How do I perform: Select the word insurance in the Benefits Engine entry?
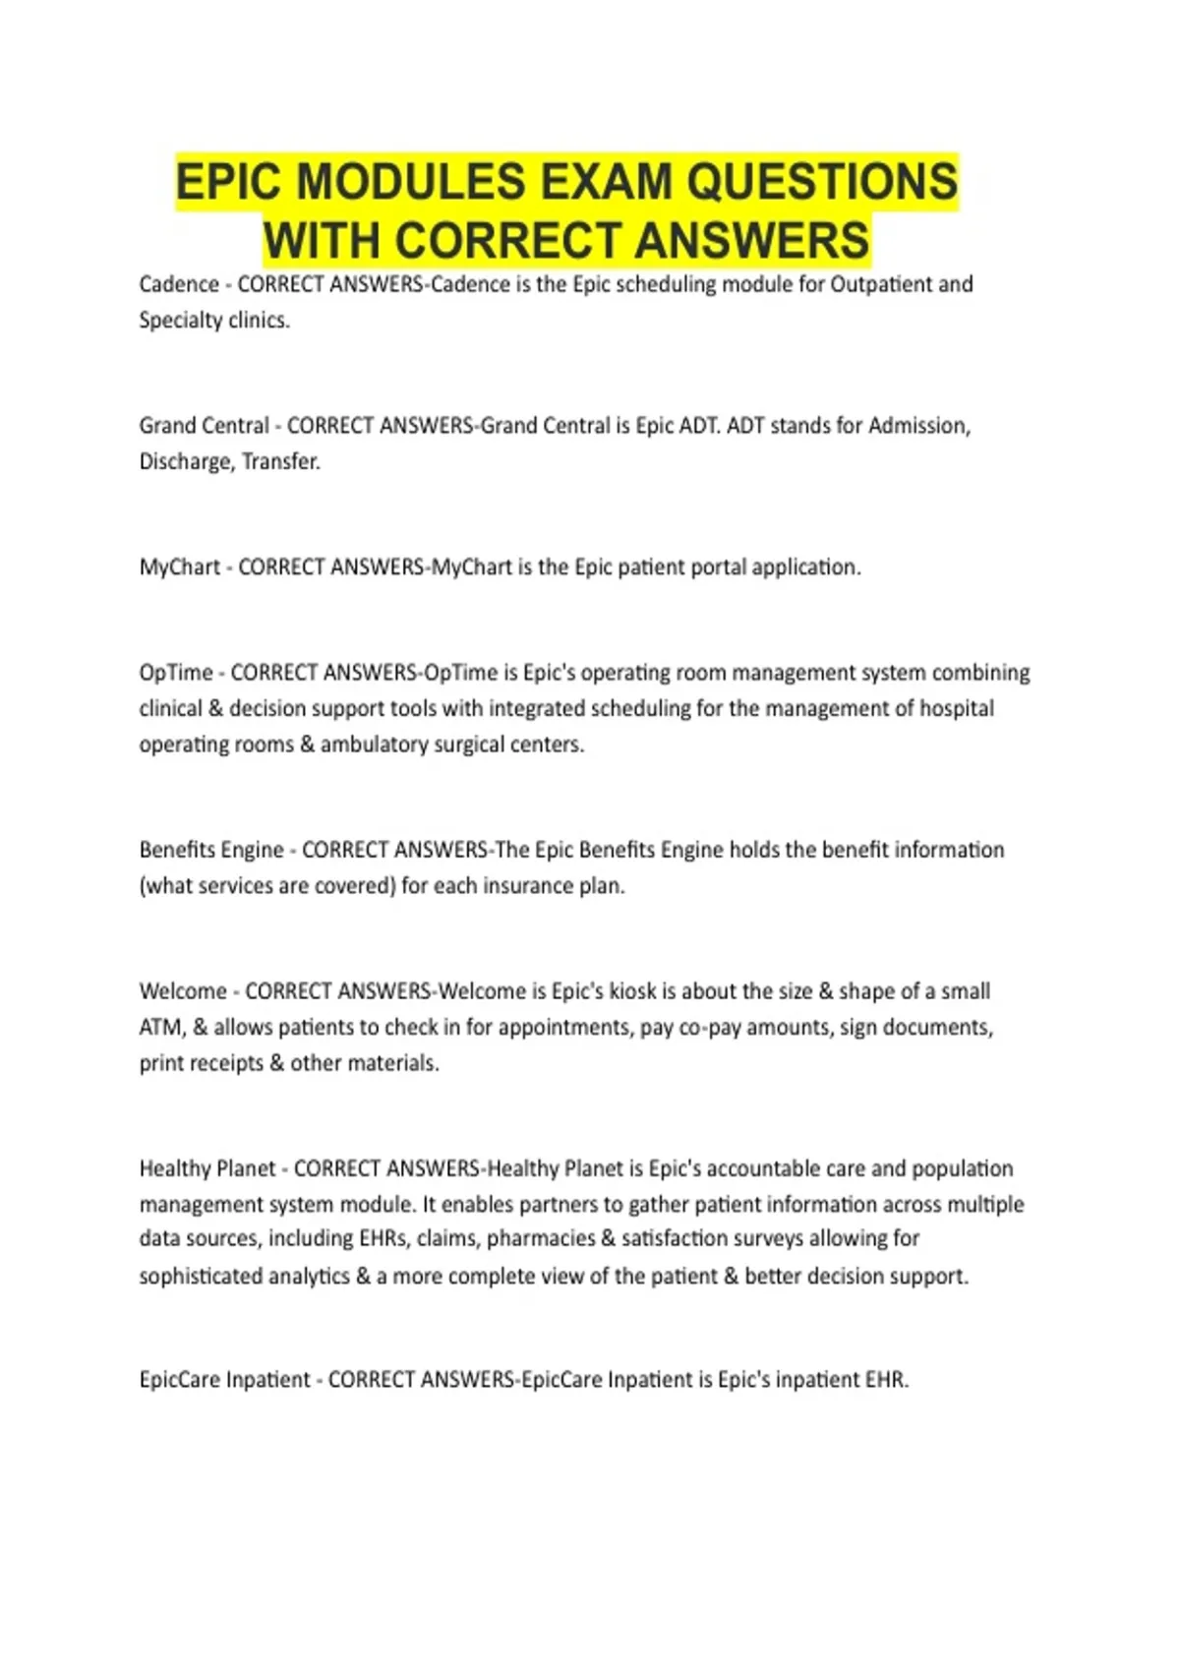coord(528,886)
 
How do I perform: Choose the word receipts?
coord(224,1063)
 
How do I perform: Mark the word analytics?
coord(304,1277)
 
